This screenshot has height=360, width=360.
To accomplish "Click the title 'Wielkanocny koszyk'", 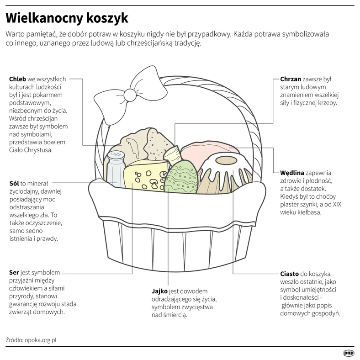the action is point(67,18).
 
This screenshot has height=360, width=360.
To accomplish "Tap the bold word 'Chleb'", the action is point(17,79).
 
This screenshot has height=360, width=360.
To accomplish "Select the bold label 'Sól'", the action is point(14,184).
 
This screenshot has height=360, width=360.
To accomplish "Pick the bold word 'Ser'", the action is point(14,273).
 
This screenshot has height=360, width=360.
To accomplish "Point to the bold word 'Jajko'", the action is point(159,291).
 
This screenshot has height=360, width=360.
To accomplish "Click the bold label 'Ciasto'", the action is point(289,274).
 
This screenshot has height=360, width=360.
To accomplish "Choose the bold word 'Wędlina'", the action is point(292,173).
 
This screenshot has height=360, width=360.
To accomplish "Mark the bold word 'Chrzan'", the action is point(291,79).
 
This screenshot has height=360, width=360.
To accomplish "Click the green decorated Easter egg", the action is point(181,176).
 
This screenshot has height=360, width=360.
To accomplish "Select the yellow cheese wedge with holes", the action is point(146,175).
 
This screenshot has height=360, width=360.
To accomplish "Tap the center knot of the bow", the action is point(130,95).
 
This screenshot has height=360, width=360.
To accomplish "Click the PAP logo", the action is point(349,353).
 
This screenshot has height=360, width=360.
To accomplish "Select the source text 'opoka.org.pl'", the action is point(40,340).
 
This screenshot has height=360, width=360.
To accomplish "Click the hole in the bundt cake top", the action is point(226,160).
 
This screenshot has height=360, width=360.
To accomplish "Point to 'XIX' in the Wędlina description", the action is point(337,204).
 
